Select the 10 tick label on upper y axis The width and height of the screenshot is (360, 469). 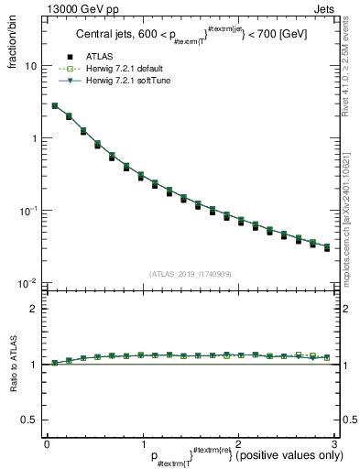coord(30,67)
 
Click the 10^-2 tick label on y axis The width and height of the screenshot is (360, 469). coord(28,283)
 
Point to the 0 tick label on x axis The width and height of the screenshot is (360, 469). coord(47,443)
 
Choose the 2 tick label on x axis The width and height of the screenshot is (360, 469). coord(237,443)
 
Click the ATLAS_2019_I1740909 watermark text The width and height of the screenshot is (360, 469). coord(190,274)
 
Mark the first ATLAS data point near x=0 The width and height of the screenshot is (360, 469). coord(55,106)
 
